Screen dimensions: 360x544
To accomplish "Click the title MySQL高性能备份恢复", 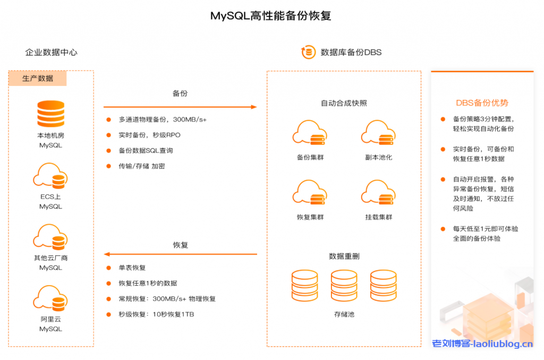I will [271, 16].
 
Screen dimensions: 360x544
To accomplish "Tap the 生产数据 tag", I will [38, 79].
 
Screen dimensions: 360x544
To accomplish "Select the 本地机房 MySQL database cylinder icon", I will [50, 113].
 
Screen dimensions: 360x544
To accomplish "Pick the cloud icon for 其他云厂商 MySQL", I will [50, 238].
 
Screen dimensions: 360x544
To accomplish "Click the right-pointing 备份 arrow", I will [180, 107].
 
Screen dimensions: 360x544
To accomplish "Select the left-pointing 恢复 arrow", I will [180, 254].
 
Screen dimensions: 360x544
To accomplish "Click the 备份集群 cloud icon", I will [310, 134].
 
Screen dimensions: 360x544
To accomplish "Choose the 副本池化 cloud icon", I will [379, 134].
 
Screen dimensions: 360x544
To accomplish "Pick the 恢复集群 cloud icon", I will [310, 193].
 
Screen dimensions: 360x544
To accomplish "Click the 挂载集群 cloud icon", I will [379, 193].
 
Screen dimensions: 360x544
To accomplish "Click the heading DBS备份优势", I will [482, 103].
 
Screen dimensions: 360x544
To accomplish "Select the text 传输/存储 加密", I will [142, 166].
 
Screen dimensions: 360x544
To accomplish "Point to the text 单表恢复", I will [132, 268].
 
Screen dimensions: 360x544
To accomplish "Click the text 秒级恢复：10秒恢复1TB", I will [156, 314].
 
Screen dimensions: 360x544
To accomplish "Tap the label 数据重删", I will [344, 256].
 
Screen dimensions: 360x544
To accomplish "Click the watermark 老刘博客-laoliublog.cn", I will [482, 344].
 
